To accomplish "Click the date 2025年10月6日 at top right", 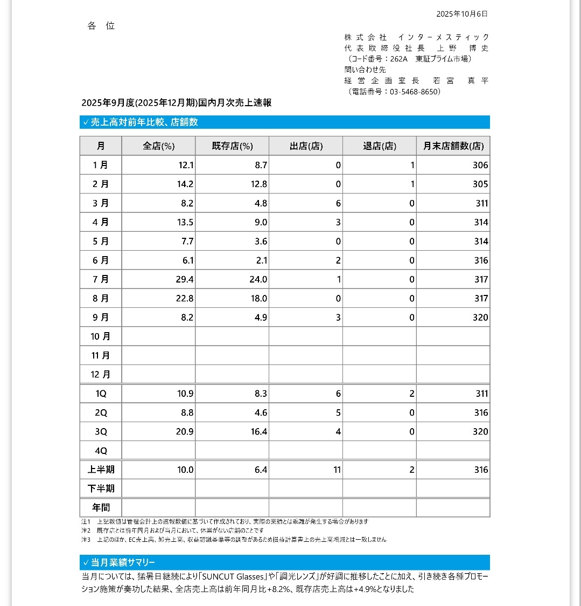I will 461,14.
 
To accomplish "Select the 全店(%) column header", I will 158,146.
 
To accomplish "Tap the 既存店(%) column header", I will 232,146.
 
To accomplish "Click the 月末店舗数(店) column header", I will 453,146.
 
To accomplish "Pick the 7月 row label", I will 101,279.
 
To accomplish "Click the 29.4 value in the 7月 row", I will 185,279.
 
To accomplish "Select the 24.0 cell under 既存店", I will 258,279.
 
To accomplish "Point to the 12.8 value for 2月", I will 258,184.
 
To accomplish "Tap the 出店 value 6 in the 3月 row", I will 338,203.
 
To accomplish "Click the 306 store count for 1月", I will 480,166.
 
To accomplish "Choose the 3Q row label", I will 101,432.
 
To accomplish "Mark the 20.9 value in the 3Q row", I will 185,432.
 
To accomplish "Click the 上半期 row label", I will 101,470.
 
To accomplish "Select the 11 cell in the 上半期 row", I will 337,470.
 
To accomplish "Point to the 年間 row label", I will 101,507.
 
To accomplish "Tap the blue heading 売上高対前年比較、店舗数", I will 144,122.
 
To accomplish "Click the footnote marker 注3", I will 86,539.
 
